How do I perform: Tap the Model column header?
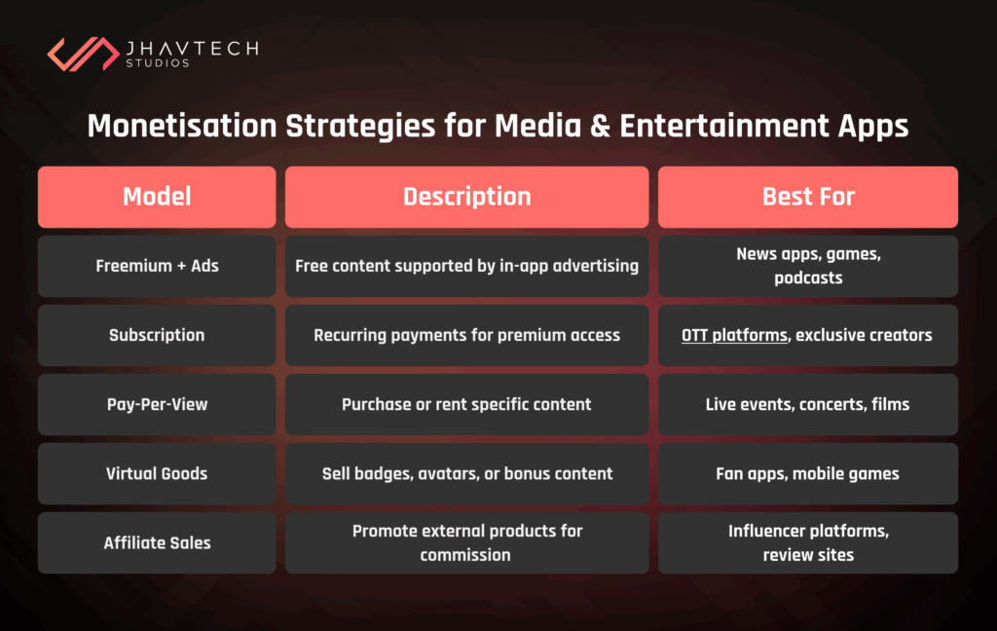pos(157,197)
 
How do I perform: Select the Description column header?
pos(466,197)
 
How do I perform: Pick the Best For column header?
pos(807,197)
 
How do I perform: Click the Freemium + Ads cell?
pos(157,266)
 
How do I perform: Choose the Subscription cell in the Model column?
pos(157,335)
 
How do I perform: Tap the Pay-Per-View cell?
pos(157,404)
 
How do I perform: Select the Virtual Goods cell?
pos(157,474)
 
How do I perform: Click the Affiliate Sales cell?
pos(157,543)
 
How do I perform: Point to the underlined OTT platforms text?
pos(735,335)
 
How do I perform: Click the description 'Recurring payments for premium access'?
pos(466,335)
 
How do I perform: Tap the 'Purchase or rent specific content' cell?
pos(466,404)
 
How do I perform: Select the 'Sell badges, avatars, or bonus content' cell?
pos(466,474)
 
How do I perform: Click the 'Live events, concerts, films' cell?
pos(807,404)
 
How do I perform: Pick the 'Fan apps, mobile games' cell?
pos(807,474)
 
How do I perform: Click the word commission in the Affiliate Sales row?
pos(465,555)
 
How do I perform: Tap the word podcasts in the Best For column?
pos(807,278)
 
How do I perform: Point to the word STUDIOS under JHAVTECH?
pos(157,64)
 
